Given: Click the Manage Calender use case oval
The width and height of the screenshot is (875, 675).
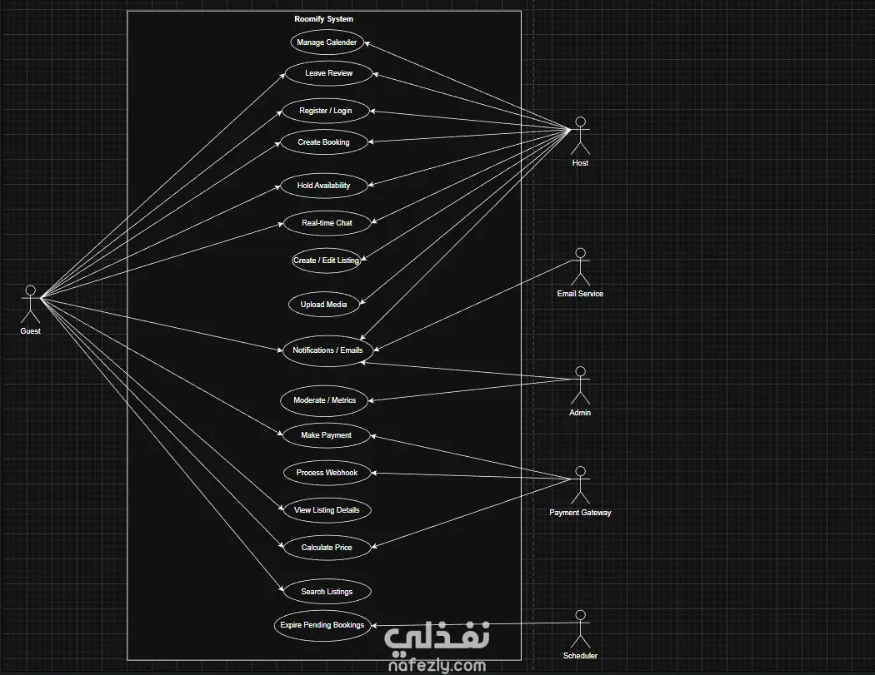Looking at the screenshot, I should [x=327, y=42].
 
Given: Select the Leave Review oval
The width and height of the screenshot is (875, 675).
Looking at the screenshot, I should [x=328, y=73].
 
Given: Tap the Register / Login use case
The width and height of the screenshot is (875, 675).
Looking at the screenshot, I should [x=325, y=111].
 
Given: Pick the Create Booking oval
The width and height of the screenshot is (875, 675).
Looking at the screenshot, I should [x=323, y=142].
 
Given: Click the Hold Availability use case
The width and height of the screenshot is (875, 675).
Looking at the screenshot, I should [x=323, y=186].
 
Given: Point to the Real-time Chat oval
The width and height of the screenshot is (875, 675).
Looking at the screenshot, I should [x=327, y=223].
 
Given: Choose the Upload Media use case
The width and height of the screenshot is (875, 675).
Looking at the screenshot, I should [x=323, y=305].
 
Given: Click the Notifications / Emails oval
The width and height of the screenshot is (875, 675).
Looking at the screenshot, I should [x=327, y=350].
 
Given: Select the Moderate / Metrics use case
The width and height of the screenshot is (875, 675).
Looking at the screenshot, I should [x=324, y=400].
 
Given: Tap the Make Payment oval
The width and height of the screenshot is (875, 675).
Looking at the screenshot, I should [x=326, y=435].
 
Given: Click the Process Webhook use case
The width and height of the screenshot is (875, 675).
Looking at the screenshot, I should [x=327, y=473].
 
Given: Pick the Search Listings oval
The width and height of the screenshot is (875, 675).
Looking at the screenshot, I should [x=327, y=592].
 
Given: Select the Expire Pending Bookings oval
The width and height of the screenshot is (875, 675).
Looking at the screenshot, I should [x=322, y=625].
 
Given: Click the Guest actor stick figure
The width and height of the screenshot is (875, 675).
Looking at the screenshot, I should [x=31, y=304].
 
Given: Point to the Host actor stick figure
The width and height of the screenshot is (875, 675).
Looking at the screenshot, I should [x=580, y=136].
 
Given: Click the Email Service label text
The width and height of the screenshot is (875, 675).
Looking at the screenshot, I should [x=580, y=294].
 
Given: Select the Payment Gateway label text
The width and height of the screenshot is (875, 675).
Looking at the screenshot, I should [x=580, y=513].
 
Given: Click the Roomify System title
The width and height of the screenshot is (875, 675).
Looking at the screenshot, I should [x=323, y=19].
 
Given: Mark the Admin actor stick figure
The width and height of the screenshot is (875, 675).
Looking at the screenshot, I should [x=580, y=385].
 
